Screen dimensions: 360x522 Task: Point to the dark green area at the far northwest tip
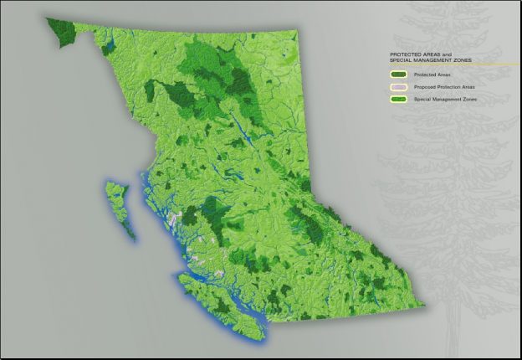tap(60, 31)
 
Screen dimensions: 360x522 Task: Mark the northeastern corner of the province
tap(294, 34)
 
